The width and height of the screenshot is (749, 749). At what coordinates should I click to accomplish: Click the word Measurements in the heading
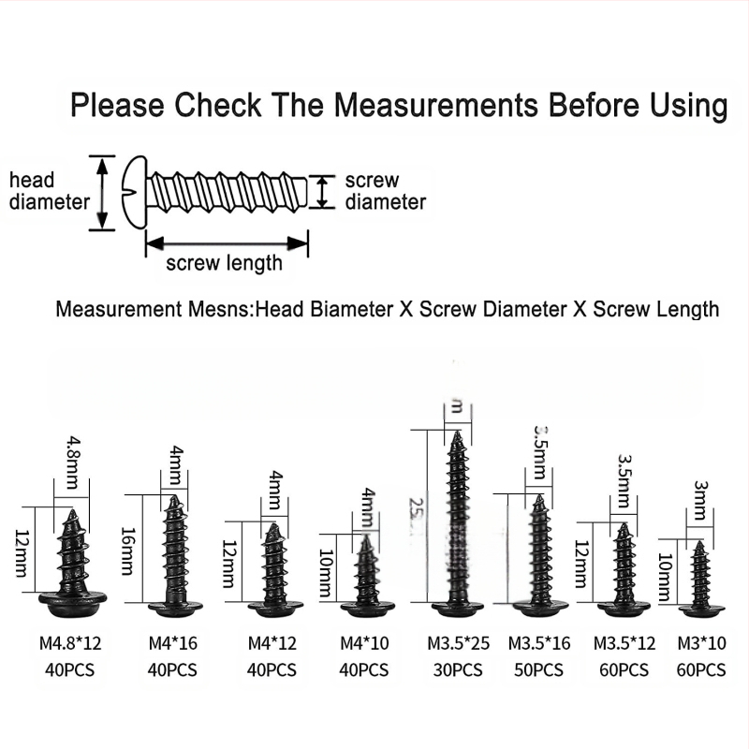435,105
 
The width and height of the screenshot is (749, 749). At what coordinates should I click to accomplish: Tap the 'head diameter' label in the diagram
47,190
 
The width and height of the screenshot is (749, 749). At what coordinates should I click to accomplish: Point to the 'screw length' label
224,263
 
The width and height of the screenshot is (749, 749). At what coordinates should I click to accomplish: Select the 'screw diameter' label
385,191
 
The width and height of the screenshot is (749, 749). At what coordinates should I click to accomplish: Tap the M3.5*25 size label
459,643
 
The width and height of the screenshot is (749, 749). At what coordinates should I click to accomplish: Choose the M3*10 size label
701,643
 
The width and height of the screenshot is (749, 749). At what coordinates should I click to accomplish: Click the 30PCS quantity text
459,670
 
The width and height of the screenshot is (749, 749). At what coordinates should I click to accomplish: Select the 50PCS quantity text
539,670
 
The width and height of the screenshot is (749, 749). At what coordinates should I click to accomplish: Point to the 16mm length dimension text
128,551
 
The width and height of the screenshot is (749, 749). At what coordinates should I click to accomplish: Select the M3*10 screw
699,580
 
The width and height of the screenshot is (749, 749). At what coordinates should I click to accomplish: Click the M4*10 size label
362,643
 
